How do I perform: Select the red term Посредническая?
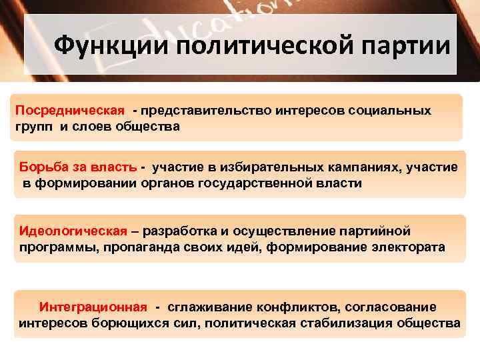(x=70, y=109)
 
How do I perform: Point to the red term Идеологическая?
(x=73, y=231)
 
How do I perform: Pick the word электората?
(x=408, y=247)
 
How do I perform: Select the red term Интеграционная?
(x=93, y=307)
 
